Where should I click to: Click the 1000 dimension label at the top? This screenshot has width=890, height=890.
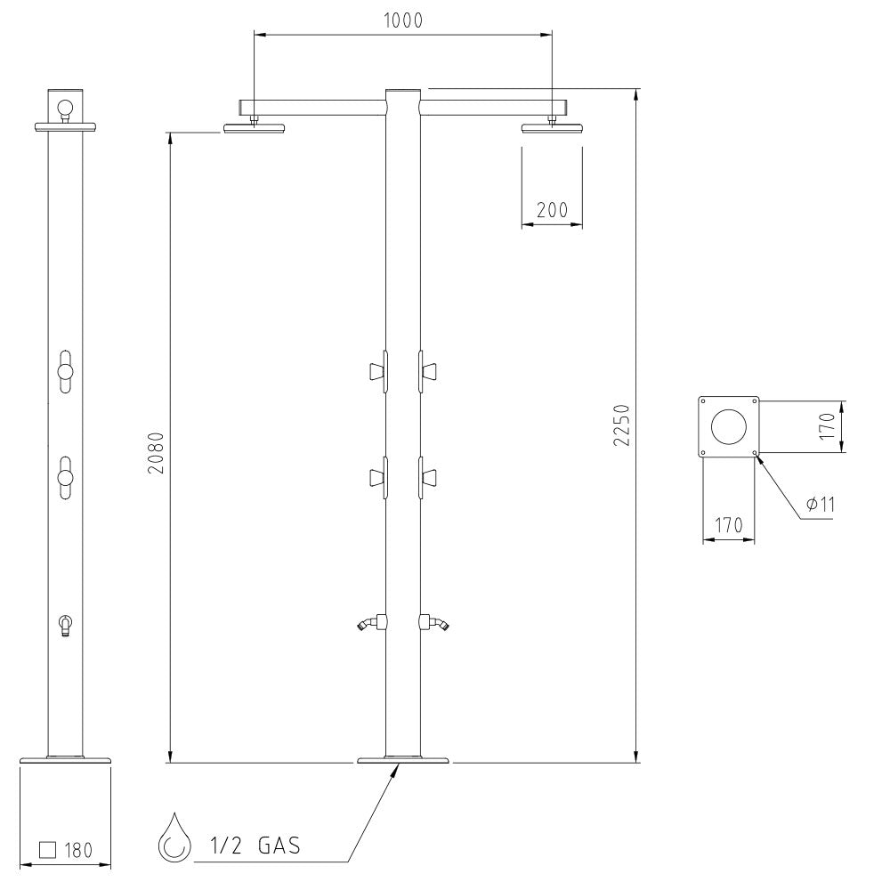pos(403,20)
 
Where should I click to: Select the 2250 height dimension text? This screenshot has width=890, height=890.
pos(622,425)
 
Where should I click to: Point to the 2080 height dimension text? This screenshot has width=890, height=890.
pos(156,453)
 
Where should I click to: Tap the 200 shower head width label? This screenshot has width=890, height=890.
pos(552,210)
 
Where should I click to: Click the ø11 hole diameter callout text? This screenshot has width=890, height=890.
pos(821,504)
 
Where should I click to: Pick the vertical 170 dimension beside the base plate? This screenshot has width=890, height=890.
pos(827,425)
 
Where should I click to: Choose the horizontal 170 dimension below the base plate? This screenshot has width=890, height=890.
pos(728,525)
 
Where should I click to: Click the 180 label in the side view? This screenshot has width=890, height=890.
pos(78,850)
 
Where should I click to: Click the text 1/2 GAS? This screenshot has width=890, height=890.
pos(255,845)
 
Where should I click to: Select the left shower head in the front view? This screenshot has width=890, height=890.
pos(254,128)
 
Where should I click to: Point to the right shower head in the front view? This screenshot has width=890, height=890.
pos(552,128)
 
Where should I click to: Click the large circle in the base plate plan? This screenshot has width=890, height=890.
pos(728,426)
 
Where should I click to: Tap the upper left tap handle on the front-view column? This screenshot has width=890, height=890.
pos(377,372)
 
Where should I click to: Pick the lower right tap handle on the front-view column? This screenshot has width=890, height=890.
pos(428,478)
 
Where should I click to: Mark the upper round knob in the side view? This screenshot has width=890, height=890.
pos(65,371)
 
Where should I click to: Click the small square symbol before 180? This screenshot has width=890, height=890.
pos(48,850)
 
